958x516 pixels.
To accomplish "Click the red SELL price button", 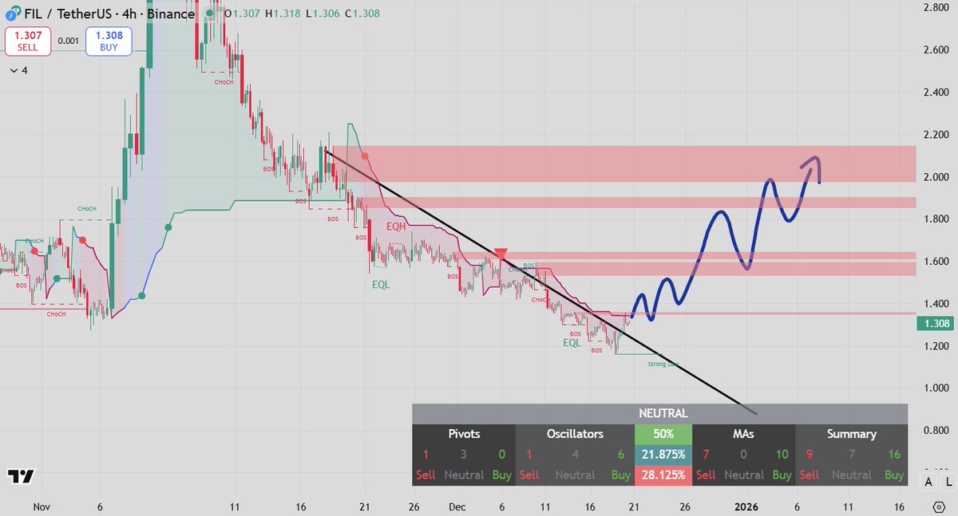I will coord(28,41).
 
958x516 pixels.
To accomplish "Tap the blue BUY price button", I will coord(109,41).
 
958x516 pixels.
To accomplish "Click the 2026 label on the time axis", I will coord(746,506).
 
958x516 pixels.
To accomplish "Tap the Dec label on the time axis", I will coord(457,506).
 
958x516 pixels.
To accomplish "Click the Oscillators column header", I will coord(575,435).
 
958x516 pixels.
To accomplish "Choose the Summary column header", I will coord(851,435).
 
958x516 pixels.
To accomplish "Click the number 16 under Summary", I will coord(893,455).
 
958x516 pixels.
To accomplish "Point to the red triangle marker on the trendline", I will coord(501,254).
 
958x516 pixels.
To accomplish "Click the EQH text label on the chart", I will coord(397,227).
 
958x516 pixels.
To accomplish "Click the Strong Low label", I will coord(663,364).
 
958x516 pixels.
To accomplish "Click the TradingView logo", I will coord(22,476).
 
